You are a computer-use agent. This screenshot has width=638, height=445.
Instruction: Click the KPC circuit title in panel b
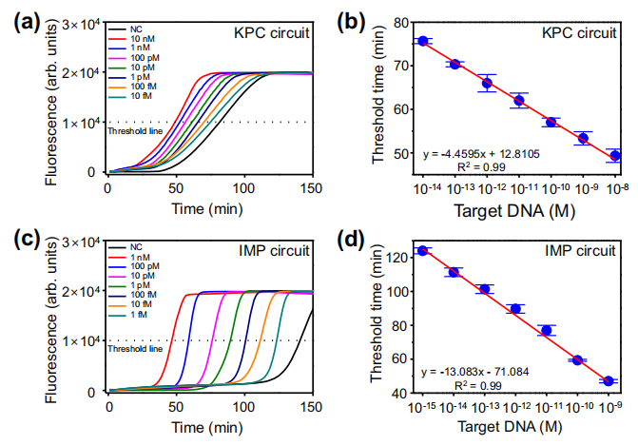586,31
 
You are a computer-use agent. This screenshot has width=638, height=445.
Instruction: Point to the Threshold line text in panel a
131,131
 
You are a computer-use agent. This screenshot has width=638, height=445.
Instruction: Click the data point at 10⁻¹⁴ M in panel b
423,41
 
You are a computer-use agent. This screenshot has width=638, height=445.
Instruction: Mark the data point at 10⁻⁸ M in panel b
616,155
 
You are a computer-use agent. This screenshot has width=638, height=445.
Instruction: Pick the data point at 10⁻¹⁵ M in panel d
422,251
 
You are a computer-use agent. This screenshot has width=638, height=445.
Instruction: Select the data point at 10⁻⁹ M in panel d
609,381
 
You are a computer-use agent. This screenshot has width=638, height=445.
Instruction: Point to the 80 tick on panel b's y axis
398,22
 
